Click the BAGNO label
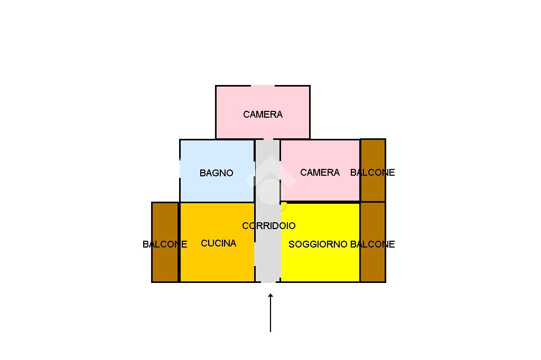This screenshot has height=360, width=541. (216, 173)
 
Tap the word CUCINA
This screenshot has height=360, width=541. (218, 243)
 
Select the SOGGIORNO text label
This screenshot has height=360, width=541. (318, 244)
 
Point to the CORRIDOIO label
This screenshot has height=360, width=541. (269, 225)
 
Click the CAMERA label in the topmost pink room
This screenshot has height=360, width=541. (263, 114)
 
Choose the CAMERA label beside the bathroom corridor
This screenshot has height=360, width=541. (320, 172)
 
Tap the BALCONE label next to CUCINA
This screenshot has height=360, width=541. (165, 244)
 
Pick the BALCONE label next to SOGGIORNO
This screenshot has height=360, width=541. (372, 244)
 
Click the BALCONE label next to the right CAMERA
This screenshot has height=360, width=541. (372, 172)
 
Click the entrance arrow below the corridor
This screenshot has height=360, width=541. (270, 313)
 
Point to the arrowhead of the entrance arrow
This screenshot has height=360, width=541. (270, 294)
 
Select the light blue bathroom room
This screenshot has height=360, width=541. (217, 170)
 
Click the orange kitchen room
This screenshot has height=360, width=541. (217, 242)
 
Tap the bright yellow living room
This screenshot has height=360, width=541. (321, 242)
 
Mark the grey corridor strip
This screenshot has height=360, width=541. (268, 211)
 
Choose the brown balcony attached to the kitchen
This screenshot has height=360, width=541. (165, 242)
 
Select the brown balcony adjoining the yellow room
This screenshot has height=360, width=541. (373, 242)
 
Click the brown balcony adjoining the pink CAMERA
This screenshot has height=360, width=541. (373, 170)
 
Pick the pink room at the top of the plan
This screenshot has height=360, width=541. (263, 112)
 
